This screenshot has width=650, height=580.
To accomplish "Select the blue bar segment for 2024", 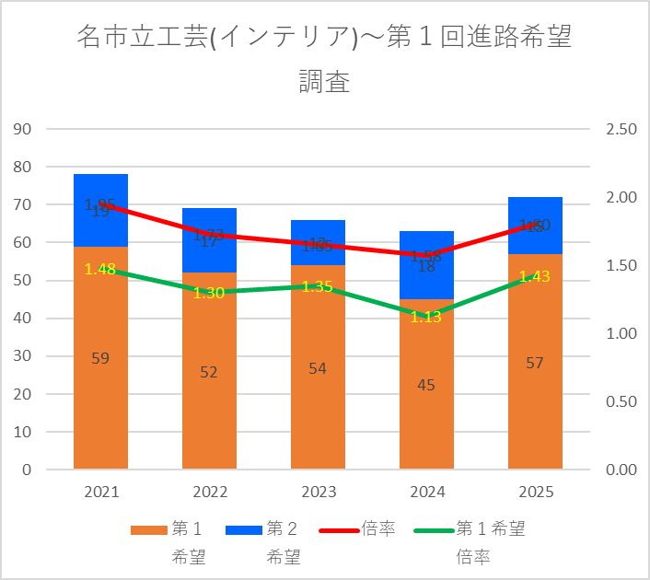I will pos(425,276).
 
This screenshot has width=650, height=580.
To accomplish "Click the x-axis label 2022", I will pos(209,493).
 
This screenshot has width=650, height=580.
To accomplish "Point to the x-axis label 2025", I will pos(535,493).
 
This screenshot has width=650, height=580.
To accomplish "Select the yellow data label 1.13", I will pos(425,317).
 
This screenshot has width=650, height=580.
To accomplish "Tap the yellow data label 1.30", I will pos(209,293).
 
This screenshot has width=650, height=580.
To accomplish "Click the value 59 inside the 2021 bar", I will pos(100,358).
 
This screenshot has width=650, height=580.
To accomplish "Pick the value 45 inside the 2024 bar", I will pos(425,385).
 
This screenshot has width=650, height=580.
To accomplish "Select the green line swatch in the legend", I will pos(433,530).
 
